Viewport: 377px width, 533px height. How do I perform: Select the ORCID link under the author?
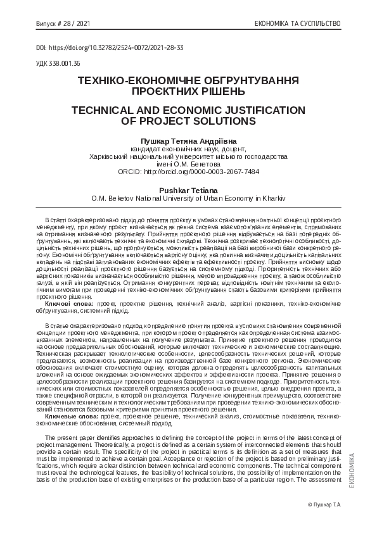click(188, 172)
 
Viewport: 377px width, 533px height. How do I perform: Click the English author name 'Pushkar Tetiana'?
click(188, 189)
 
